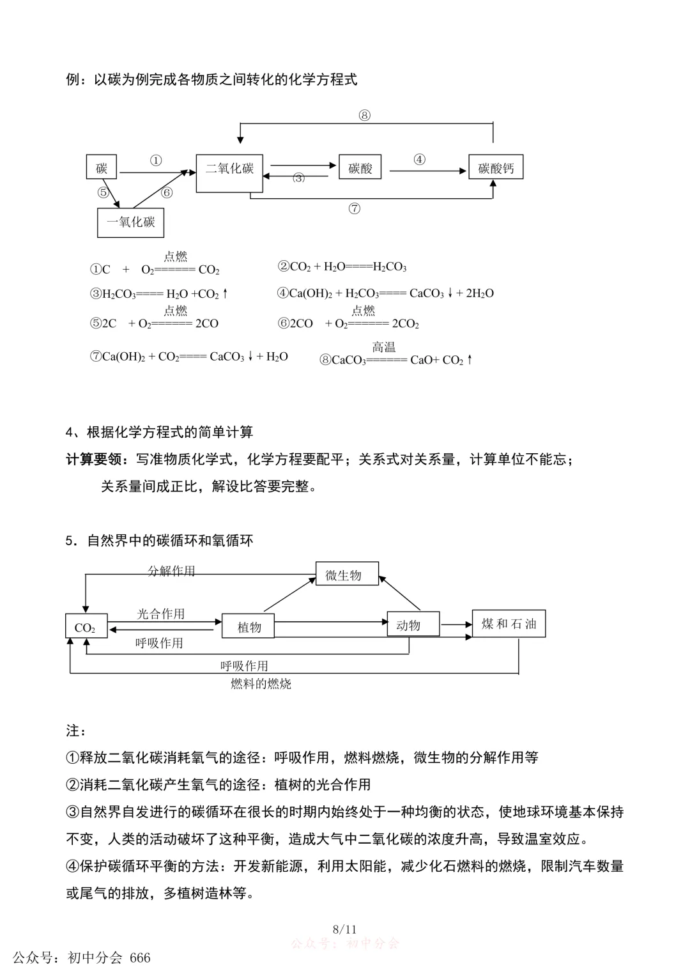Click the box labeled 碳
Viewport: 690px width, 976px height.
tap(102, 167)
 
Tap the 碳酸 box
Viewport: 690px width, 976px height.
tap(360, 167)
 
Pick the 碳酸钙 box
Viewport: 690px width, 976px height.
tap(496, 167)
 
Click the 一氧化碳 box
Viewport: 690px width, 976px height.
tap(130, 222)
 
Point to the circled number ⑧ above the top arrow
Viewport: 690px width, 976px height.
tap(364, 116)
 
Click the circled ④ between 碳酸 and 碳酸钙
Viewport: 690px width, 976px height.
tap(419, 159)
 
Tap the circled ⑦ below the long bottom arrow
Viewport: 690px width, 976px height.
tap(355, 208)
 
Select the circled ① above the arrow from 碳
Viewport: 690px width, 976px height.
tap(156, 160)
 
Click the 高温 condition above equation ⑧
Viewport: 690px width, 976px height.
tap(384, 346)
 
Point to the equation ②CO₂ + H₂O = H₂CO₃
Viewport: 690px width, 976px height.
tap(342, 267)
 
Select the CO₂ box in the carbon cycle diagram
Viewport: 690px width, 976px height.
tap(86, 627)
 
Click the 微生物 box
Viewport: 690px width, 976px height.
tap(347, 575)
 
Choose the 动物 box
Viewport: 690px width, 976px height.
tap(413, 624)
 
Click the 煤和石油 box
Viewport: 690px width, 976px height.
tap(509, 624)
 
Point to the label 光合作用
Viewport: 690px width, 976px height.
tap(160, 614)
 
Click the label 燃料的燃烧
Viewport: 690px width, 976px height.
tap(261, 683)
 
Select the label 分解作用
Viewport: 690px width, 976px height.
tap(171, 570)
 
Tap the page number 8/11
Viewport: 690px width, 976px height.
tap(344, 929)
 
